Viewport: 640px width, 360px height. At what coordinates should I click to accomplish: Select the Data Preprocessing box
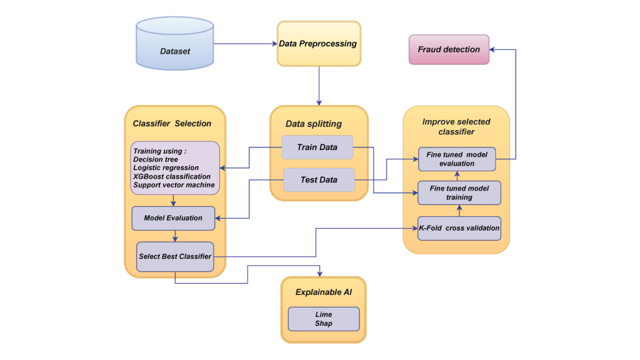319,44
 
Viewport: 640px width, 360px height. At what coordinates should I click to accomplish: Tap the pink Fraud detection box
449,49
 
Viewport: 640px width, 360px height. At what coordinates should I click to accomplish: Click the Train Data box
317,147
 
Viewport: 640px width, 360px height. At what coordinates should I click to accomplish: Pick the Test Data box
319,180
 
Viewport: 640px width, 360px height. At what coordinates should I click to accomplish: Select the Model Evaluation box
173,218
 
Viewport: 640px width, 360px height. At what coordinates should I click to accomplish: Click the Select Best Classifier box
174,256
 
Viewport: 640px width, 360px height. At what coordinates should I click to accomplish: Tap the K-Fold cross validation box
459,228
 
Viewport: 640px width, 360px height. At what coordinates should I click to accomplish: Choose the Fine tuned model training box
459,192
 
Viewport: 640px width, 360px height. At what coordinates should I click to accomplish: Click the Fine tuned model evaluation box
456,159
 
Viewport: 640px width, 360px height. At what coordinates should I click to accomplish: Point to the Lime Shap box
323,319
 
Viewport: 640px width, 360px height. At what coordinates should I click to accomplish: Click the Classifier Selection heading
172,124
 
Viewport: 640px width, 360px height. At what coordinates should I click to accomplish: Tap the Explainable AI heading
323,292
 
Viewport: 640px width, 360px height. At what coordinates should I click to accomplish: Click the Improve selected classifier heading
456,127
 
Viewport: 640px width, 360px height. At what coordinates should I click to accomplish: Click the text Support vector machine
174,185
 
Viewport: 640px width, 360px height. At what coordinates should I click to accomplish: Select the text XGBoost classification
172,176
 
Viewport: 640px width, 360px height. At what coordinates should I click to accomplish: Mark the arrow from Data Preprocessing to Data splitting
319,84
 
